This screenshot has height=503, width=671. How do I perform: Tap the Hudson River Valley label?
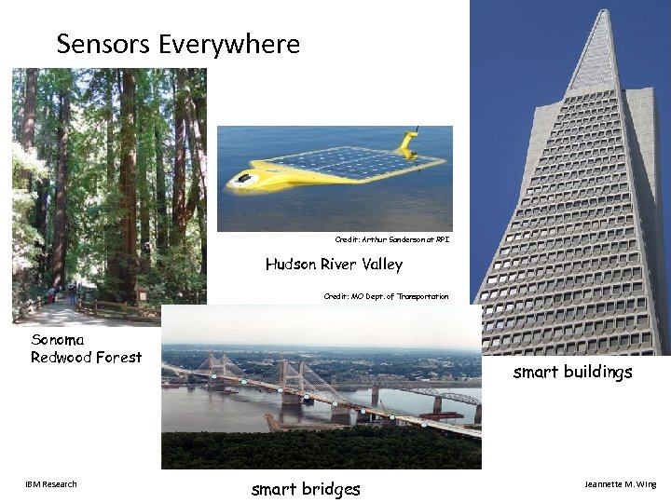[334, 265]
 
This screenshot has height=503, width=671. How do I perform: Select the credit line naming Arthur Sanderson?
[392, 240]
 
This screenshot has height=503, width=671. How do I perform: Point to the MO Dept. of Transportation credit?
[386, 296]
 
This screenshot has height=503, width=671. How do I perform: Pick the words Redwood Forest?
[87, 357]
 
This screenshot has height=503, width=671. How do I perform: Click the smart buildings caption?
[572, 373]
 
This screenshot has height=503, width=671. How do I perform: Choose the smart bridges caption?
[306, 489]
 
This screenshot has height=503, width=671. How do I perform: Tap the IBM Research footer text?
[51, 483]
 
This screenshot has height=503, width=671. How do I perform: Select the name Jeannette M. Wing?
[620, 484]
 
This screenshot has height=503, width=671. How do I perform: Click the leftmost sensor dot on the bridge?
[214, 376]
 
